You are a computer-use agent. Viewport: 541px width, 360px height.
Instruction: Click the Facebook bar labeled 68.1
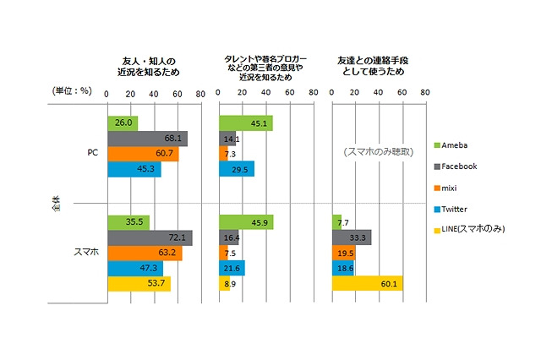tap(147, 139)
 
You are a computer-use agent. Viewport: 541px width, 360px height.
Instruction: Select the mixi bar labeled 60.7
tap(143, 154)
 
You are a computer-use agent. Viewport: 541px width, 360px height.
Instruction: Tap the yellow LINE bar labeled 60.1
tap(367, 283)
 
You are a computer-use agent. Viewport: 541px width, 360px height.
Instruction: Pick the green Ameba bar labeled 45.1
tap(245, 123)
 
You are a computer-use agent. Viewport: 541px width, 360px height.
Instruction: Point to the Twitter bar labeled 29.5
tap(236, 169)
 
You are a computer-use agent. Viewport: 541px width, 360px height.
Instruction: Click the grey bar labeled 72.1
tap(150, 237)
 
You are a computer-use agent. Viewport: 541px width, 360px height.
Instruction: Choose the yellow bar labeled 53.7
tap(139, 283)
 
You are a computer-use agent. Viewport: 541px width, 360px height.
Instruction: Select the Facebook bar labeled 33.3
tap(351, 237)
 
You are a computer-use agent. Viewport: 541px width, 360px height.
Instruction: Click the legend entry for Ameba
tap(457, 145)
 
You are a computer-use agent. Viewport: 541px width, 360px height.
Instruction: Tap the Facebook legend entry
tap(461, 166)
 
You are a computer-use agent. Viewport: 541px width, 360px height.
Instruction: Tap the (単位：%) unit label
tap(71, 90)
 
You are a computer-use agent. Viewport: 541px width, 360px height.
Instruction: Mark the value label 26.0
tap(123, 123)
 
